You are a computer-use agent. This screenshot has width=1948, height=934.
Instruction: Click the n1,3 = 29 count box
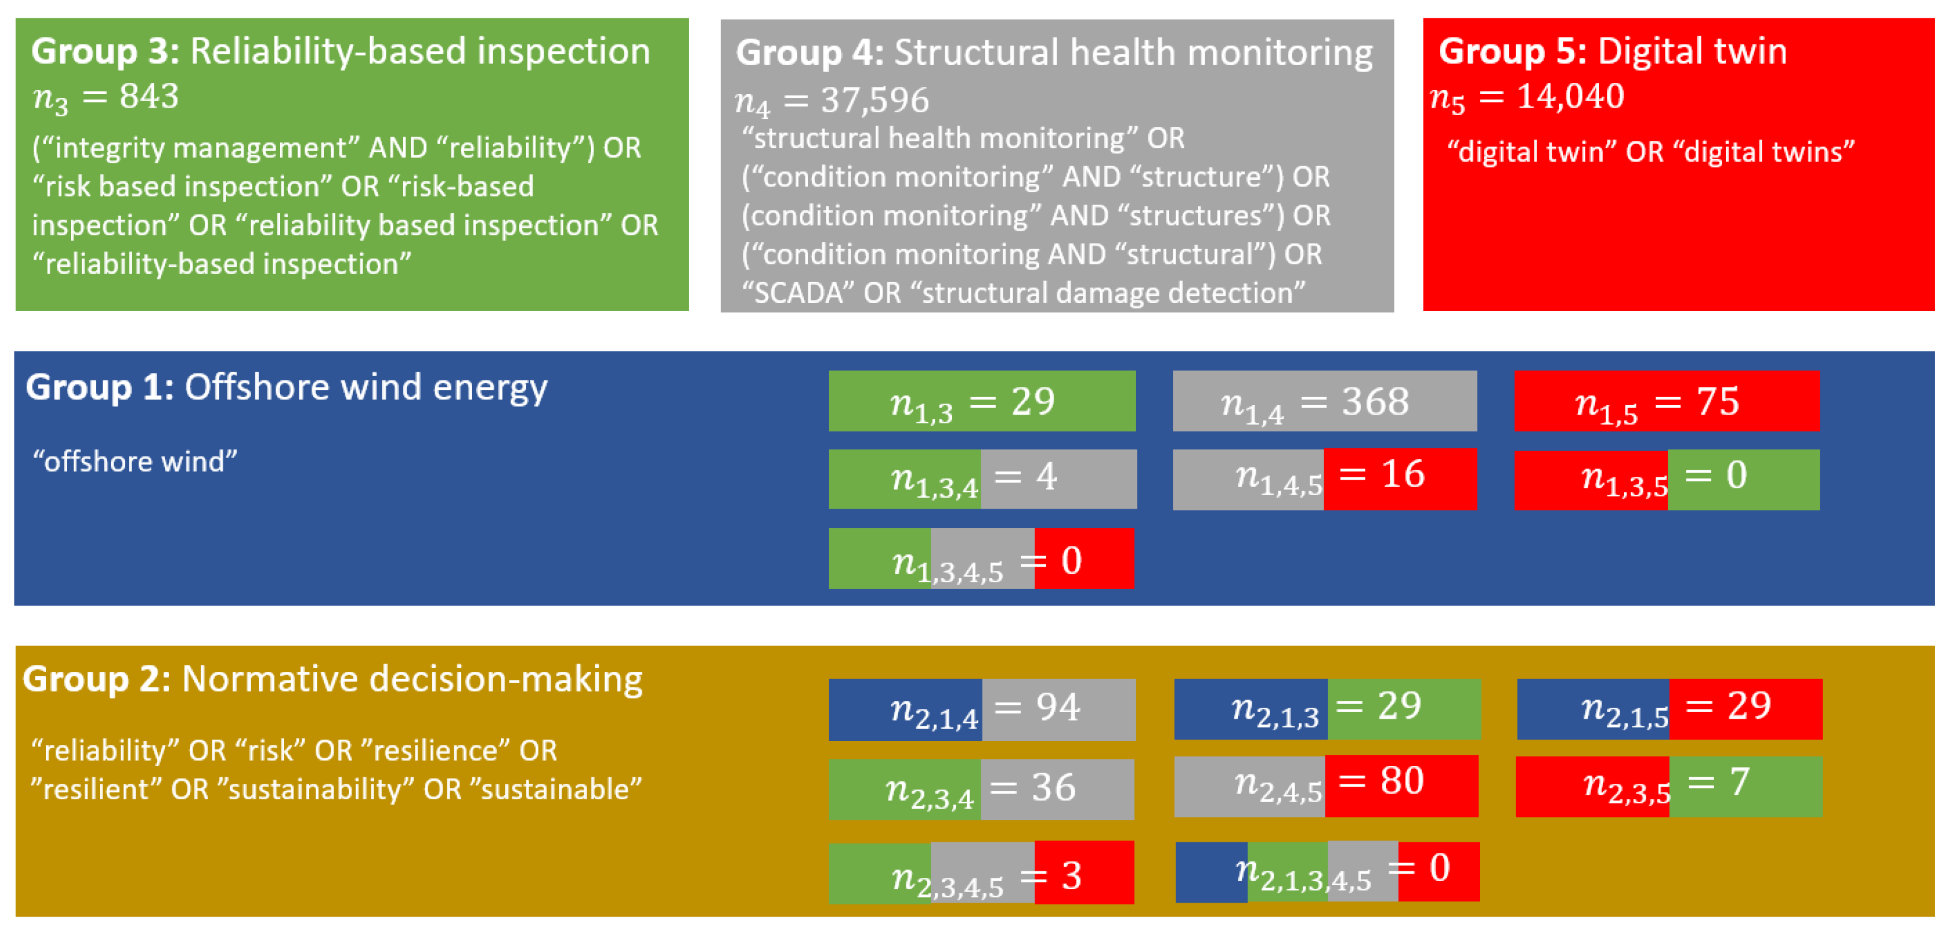point(981,401)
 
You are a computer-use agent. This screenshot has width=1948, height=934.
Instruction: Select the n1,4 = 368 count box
point(1325,401)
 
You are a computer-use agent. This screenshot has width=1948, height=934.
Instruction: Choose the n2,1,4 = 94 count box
point(981,709)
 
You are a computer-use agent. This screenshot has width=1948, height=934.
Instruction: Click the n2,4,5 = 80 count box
point(1326,786)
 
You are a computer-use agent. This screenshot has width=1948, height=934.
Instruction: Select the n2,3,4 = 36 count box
point(981,789)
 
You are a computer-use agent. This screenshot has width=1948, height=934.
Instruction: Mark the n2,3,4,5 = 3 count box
point(981,872)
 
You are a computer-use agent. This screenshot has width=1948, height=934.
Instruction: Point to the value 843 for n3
point(149,96)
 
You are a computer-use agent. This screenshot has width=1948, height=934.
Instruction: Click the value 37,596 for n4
point(875,100)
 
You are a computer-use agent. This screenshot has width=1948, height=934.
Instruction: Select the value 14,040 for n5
point(1571,96)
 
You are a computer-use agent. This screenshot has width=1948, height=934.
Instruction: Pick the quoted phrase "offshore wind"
point(135,461)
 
